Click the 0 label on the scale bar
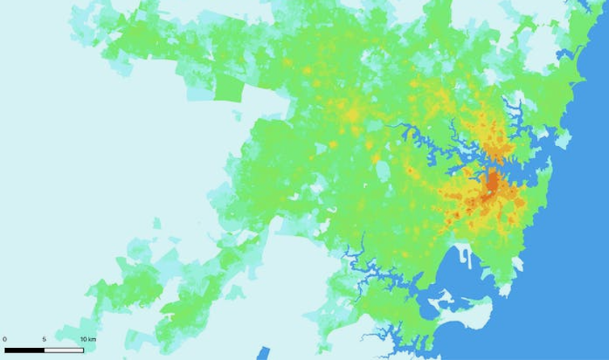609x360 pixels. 5,339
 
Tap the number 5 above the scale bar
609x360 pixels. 44,339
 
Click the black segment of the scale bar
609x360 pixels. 24,350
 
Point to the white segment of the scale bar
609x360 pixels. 64,350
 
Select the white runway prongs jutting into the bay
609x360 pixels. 467,257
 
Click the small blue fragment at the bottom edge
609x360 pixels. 262,354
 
